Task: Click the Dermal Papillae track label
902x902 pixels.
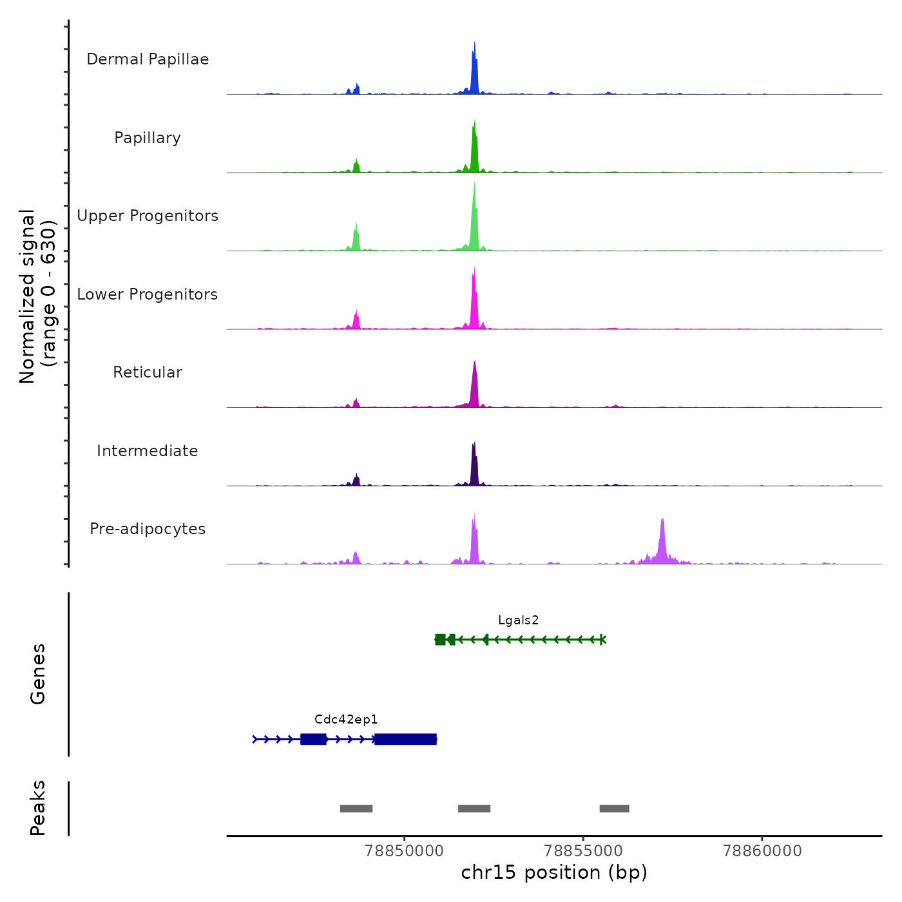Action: click(x=148, y=59)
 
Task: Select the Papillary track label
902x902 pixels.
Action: click(x=148, y=138)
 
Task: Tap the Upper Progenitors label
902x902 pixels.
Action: click(x=148, y=216)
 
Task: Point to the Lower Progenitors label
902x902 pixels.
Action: click(x=148, y=294)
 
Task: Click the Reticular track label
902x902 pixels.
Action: click(x=148, y=372)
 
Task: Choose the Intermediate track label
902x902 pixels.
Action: click(x=148, y=451)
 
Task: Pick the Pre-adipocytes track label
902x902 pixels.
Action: click(x=148, y=529)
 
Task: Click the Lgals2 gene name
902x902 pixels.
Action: click(x=518, y=620)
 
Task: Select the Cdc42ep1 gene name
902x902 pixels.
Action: click(x=346, y=720)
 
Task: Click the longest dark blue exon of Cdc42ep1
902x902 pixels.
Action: click(x=406, y=739)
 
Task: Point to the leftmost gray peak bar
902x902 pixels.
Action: click(x=356, y=809)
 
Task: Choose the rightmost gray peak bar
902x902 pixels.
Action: click(x=614, y=809)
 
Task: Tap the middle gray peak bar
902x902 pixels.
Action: click(x=474, y=809)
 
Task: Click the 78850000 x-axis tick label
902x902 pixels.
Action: click(x=404, y=851)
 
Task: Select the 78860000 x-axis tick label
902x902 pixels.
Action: click(x=762, y=851)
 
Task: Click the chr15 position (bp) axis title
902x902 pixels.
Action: click(x=554, y=872)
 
